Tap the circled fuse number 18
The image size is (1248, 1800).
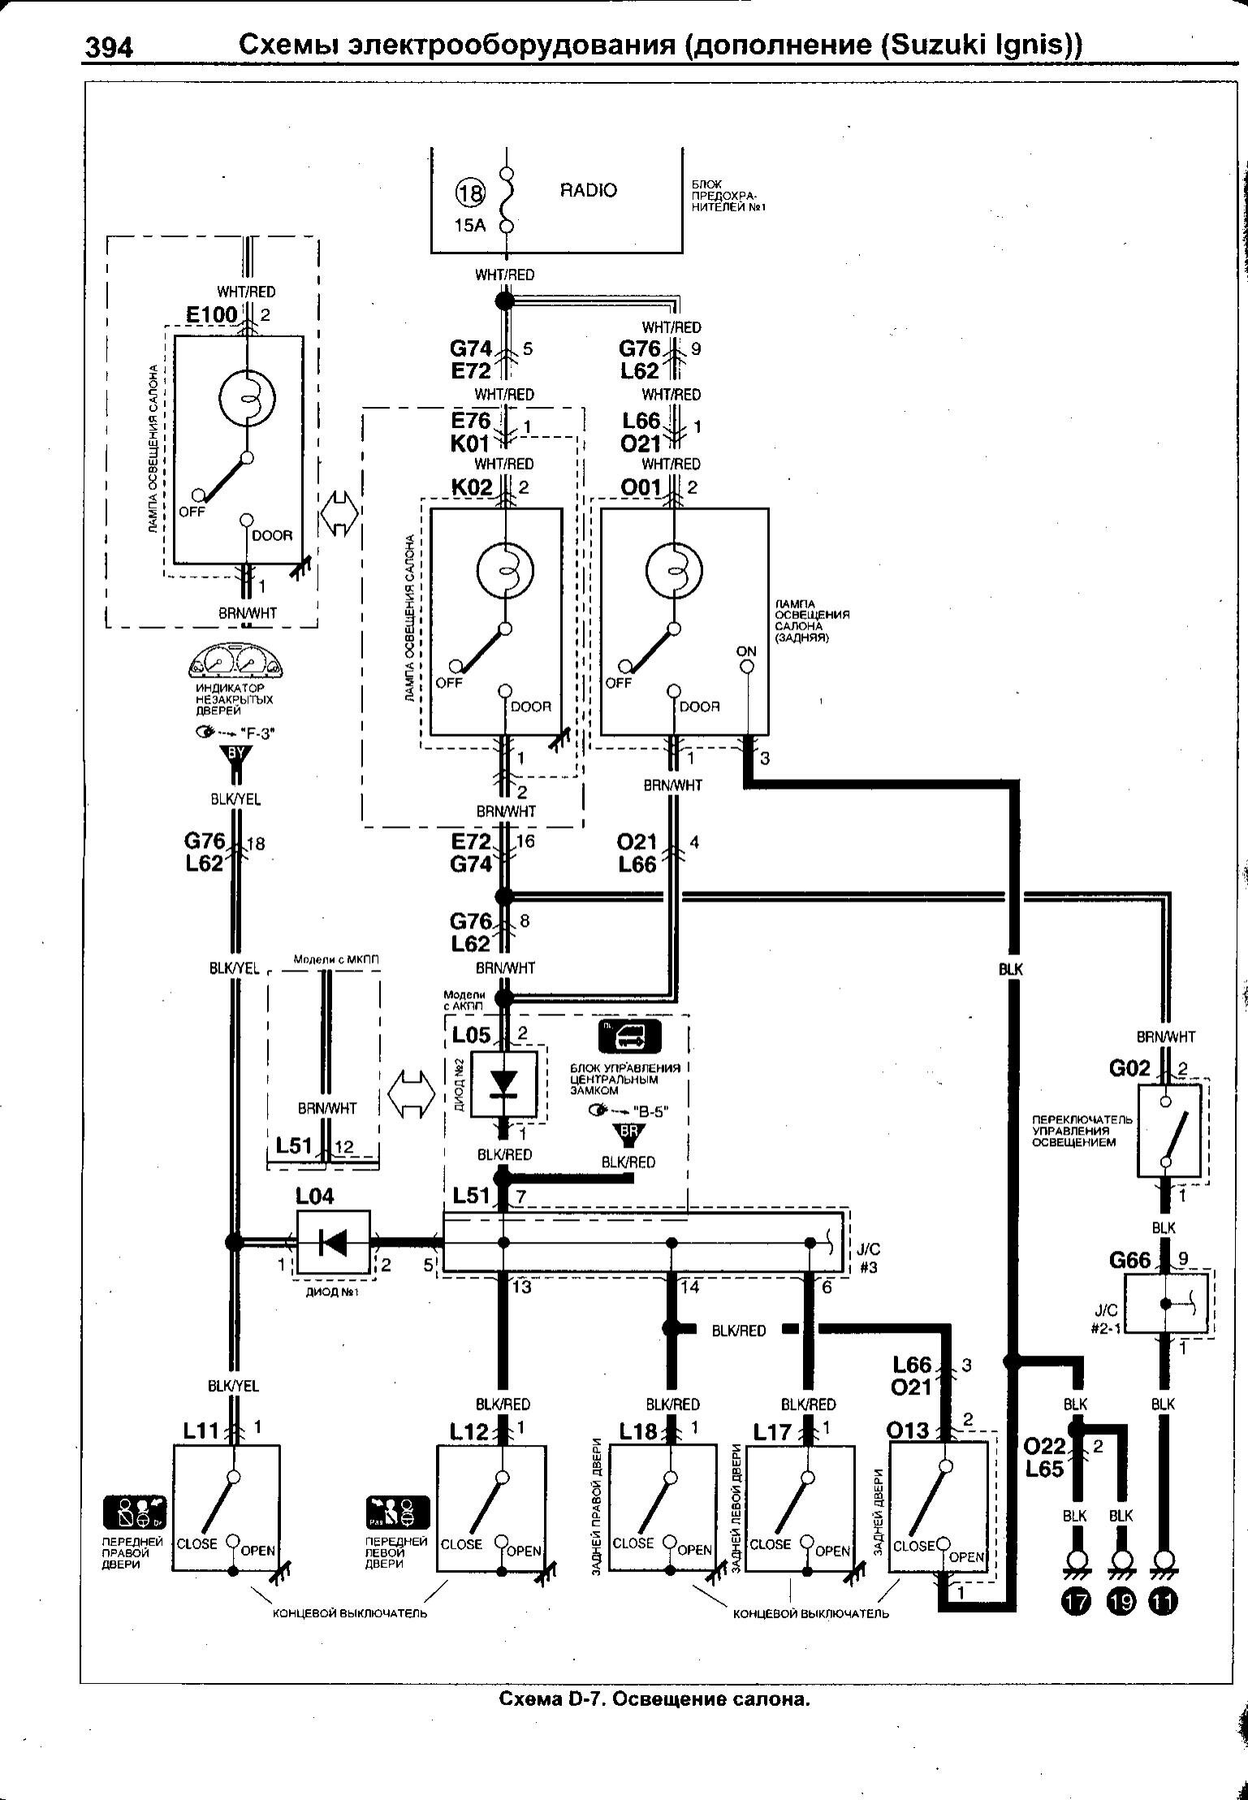click(x=469, y=194)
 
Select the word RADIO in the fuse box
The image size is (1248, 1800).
click(x=588, y=191)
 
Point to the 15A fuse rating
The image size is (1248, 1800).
click(x=469, y=225)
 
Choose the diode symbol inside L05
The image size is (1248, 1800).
click(x=503, y=1084)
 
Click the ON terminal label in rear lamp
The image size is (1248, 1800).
click(x=746, y=651)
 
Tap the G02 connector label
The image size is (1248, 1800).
click(x=1130, y=1068)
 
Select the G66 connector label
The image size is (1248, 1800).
click(x=1130, y=1260)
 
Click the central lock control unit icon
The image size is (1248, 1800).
click(x=629, y=1036)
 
